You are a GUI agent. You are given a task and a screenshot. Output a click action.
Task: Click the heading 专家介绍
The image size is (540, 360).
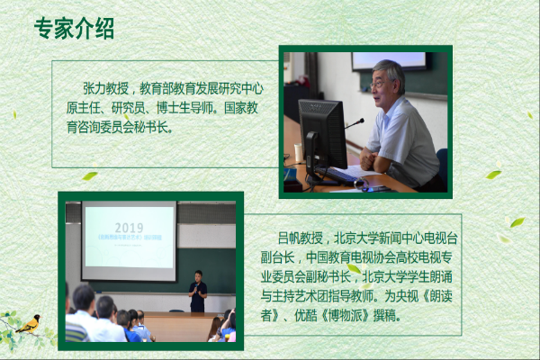coord(74,28)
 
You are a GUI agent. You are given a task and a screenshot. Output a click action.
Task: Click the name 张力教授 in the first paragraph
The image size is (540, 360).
coord(105,88)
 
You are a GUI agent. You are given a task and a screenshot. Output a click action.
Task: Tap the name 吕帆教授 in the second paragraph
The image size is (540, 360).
coord(301,238)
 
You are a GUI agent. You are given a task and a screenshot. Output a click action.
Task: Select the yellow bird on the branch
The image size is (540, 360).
coord(29,324)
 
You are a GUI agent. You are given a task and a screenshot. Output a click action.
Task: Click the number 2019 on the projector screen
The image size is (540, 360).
coord(129,228)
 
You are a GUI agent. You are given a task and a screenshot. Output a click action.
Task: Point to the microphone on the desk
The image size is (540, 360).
coord(354,123)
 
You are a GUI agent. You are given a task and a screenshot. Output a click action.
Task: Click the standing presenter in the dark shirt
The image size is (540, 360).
coord(198,292)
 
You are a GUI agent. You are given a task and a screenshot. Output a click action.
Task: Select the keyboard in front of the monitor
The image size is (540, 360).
coord(336,175)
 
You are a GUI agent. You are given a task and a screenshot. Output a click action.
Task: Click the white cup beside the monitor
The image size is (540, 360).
coord(298,153)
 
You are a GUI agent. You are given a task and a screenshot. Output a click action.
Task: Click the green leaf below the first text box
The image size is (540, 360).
coord(90,176)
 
